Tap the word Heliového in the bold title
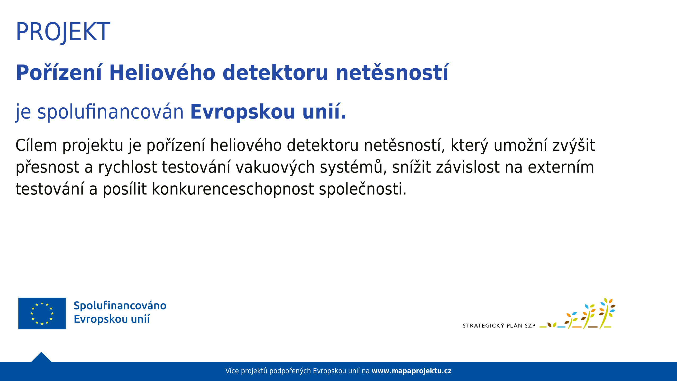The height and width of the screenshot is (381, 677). [162, 72]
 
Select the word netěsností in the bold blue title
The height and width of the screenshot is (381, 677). [392, 72]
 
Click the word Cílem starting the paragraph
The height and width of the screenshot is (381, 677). [36, 145]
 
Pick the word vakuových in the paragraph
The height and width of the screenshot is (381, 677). [275, 167]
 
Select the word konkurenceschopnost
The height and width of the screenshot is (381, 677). [233, 189]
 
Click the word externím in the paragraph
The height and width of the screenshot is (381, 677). [561, 167]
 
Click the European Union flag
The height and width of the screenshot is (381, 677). [42, 314]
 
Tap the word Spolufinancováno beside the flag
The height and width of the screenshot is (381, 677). [120, 306]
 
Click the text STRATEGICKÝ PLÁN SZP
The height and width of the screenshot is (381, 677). [499, 325]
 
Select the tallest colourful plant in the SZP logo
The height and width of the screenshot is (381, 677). [607, 313]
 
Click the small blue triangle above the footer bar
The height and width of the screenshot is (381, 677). [41, 357]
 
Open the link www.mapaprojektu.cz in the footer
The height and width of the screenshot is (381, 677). [411, 371]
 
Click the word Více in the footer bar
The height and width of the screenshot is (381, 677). [232, 371]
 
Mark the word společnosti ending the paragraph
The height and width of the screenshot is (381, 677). [363, 189]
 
